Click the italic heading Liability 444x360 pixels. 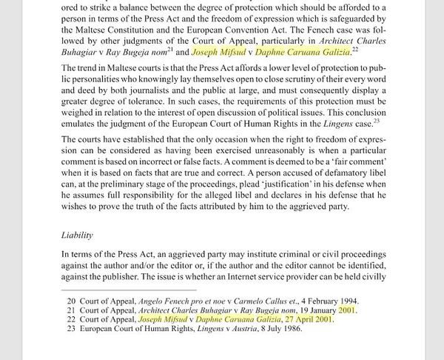point(76,236)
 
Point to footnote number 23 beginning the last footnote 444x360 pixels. point(72,330)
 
